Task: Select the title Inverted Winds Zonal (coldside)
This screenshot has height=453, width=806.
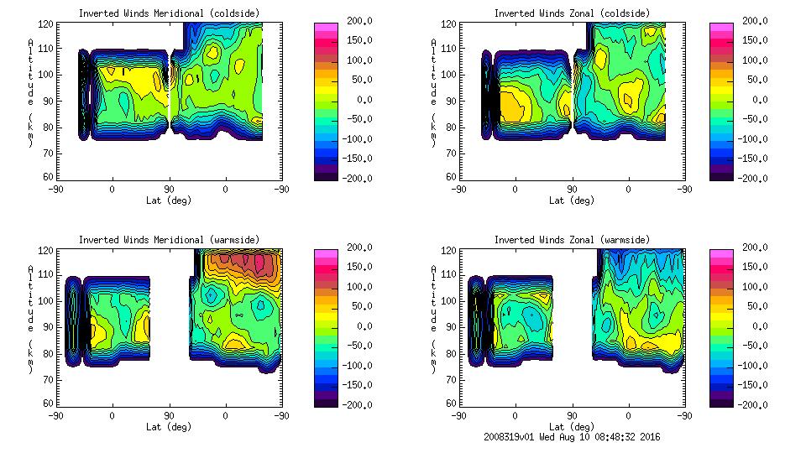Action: coord(572,13)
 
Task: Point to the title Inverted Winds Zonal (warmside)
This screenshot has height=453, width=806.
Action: coord(572,240)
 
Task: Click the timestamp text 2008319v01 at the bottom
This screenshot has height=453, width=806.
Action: coord(511,437)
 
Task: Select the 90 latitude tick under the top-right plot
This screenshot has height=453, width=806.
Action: coord(572,190)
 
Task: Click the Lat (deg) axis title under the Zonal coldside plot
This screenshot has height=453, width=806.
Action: coord(572,200)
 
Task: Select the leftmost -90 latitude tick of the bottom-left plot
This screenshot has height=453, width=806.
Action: coord(55,415)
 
